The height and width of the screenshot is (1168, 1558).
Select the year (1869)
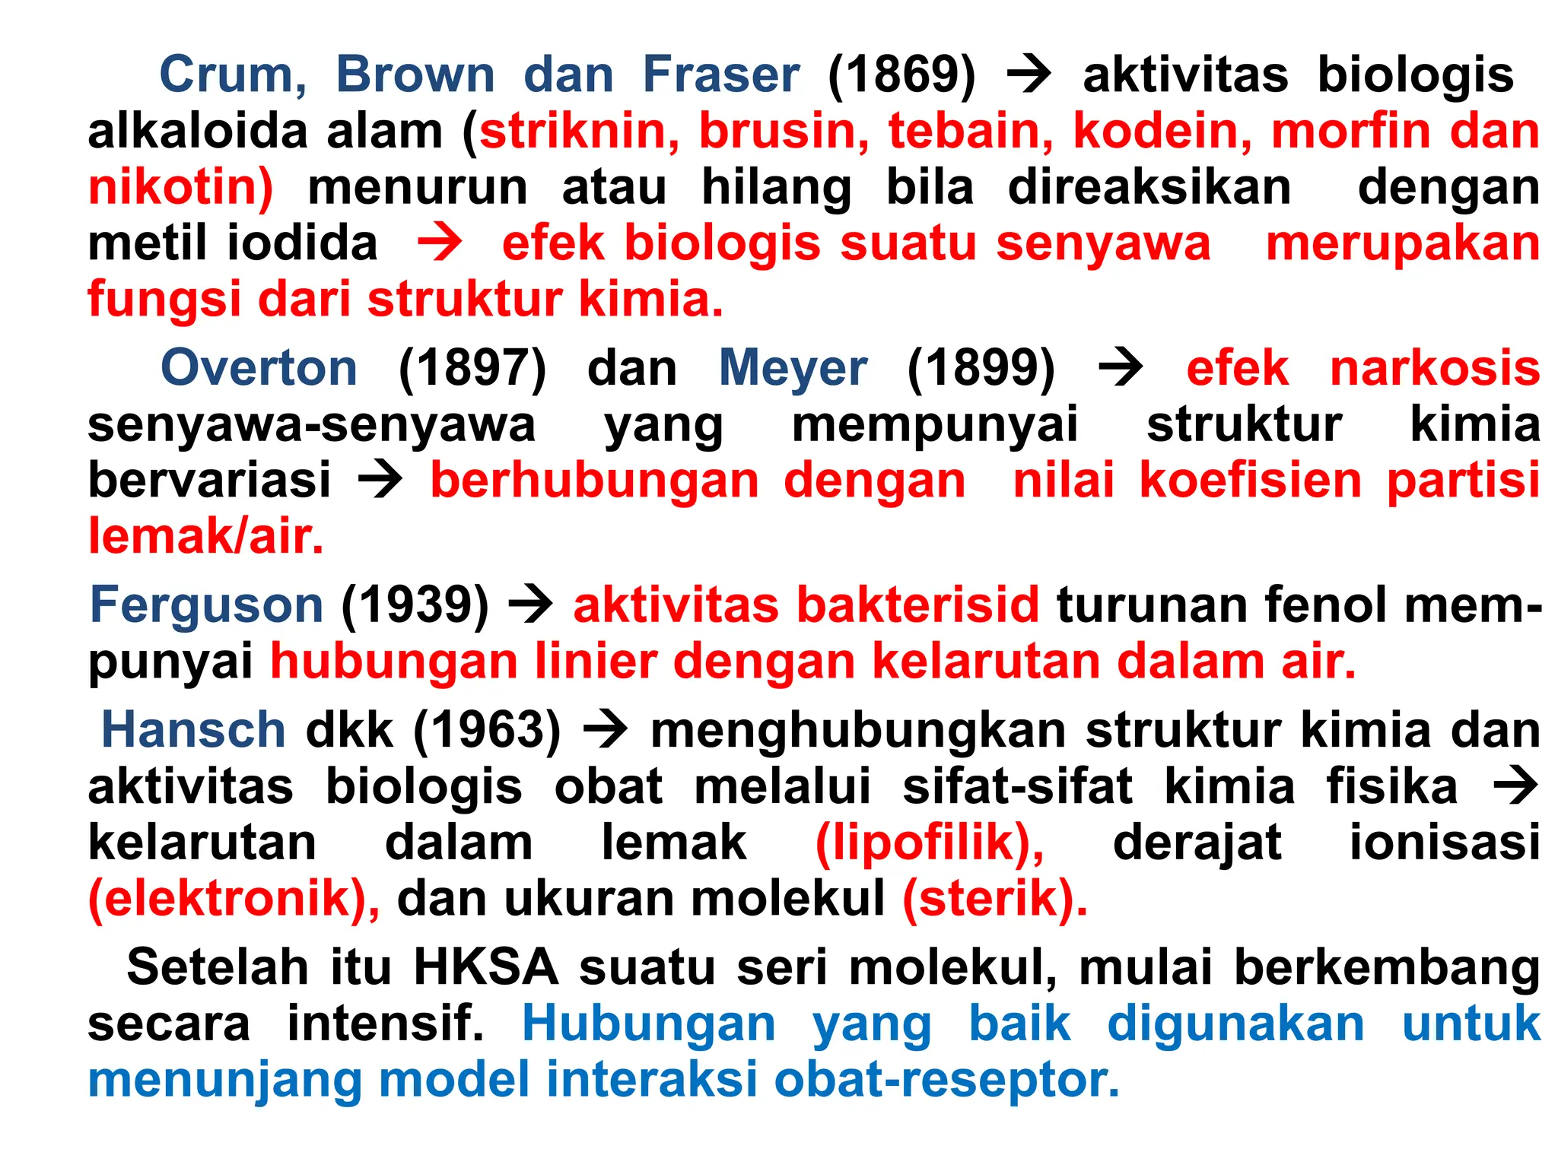[x=901, y=75]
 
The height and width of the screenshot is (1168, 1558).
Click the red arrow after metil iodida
[x=440, y=243]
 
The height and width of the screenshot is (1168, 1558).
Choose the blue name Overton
[x=259, y=368]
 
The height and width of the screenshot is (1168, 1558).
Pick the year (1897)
[x=472, y=368]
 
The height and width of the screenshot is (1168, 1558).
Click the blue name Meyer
[x=793, y=368]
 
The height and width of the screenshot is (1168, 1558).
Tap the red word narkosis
[x=1435, y=368]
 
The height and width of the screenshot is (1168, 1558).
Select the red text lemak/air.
[x=205, y=536]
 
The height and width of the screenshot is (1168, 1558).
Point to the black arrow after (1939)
[x=530, y=605]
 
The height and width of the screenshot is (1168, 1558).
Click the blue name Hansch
[x=193, y=730]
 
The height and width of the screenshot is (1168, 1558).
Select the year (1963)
[x=487, y=730]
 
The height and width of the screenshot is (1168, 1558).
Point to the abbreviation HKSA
[x=486, y=967]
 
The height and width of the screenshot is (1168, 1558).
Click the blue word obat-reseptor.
[x=946, y=1080]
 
